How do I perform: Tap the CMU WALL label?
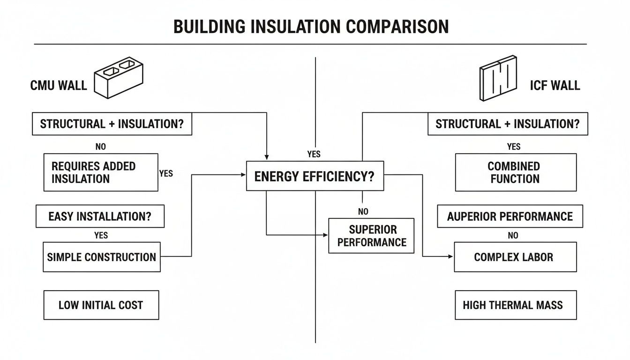click(59, 85)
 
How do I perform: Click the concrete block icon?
click(119, 77)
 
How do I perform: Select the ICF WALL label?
click(555, 85)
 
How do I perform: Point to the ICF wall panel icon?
click(498, 78)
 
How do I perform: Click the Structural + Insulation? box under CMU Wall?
click(112, 124)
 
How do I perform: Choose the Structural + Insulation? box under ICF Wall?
click(507, 124)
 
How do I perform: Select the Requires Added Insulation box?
click(101, 172)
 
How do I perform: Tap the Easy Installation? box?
click(100, 217)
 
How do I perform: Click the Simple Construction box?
click(102, 257)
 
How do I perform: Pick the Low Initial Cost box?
click(101, 305)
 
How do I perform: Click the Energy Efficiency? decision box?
click(315, 176)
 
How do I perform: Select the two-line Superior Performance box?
click(371, 236)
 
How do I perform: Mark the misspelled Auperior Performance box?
click(510, 217)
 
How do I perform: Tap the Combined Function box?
click(515, 172)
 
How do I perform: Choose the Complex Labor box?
click(515, 257)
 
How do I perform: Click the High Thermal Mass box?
click(515, 305)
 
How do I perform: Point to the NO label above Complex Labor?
click(513, 235)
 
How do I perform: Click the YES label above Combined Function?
click(513, 147)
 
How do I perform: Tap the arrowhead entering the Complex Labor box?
click(451, 256)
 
